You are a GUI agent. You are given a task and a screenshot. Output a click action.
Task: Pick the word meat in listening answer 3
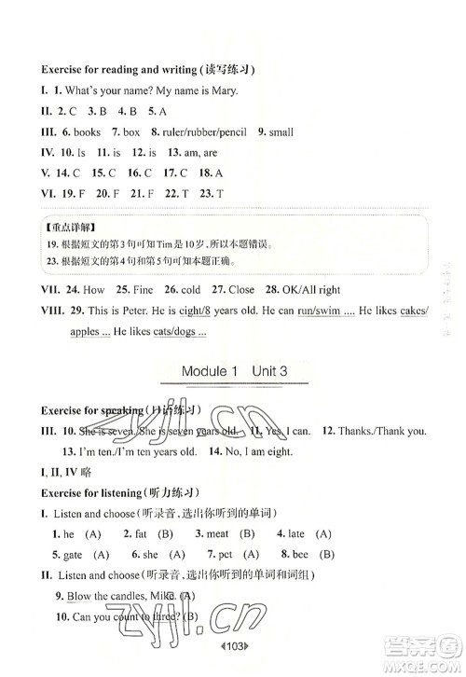[x=217, y=533]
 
